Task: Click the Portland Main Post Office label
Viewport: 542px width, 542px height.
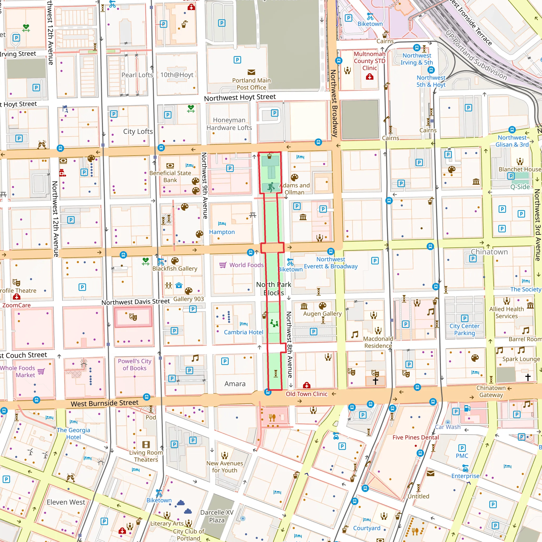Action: pyautogui.click(x=251, y=84)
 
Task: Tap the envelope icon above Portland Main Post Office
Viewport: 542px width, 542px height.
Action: pyautogui.click(x=251, y=72)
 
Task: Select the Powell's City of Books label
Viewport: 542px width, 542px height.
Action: pyautogui.click(x=134, y=364)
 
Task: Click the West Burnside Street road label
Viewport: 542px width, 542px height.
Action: pyautogui.click(x=104, y=403)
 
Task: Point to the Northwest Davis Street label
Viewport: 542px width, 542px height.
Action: pyautogui.click(x=135, y=302)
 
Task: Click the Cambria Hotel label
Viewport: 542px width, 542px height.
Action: pyautogui.click(x=243, y=332)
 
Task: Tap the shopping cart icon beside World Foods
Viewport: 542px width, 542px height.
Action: pyautogui.click(x=223, y=265)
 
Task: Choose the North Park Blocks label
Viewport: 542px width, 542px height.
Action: pyautogui.click(x=274, y=288)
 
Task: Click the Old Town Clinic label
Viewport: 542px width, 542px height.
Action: pyautogui.click(x=306, y=394)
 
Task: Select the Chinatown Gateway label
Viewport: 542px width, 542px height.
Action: pyautogui.click(x=491, y=391)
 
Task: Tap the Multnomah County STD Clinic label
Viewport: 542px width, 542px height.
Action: pyautogui.click(x=369, y=61)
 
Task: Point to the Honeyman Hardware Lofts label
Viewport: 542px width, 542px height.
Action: pyautogui.click(x=229, y=124)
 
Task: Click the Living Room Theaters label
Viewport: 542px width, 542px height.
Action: pyautogui.click(x=146, y=456)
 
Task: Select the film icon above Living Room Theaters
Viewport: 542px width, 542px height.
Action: pyautogui.click(x=146, y=444)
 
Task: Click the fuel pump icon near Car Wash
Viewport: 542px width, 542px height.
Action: pyautogui.click(x=467, y=408)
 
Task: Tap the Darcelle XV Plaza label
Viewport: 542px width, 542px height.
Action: pyautogui.click(x=216, y=516)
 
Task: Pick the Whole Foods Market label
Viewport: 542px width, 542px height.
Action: pyautogui.click(x=18, y=371)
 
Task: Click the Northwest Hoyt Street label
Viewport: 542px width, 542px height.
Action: pyautogui.click(x=240, y=97)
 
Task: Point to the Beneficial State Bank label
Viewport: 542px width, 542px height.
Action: pyautogui.click(x=170, y=177)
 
